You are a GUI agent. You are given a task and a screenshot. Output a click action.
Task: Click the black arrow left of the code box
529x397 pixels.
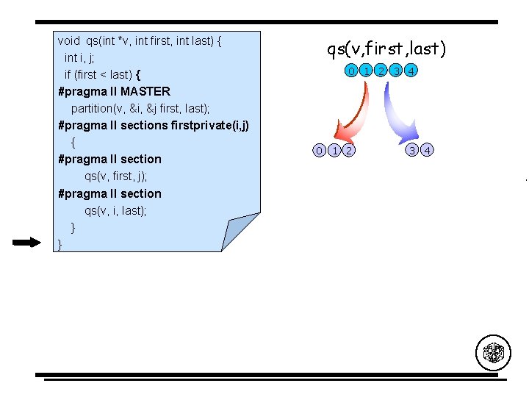[27, 243]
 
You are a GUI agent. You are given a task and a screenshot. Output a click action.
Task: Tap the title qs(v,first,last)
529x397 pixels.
[386, 49]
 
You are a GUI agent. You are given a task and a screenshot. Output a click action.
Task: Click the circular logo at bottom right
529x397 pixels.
[492, 352]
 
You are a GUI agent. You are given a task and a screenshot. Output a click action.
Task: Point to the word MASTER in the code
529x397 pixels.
[145, 91]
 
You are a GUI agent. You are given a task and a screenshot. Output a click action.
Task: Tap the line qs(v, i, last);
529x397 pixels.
[115, 210]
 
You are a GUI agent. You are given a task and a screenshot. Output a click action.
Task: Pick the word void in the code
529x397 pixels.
[68, 40]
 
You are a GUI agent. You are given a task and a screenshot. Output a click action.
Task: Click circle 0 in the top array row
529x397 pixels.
[353, 71]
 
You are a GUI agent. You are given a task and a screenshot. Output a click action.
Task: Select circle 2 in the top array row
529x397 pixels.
[381, 71]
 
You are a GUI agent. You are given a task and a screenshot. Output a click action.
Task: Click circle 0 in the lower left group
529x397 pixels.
[319, 151]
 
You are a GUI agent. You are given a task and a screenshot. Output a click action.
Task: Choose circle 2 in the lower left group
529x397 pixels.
[348, 151]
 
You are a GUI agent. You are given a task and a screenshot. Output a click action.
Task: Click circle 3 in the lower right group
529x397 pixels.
[413, 151]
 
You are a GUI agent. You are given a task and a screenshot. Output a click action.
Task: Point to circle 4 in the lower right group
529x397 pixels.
[428, 151]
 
